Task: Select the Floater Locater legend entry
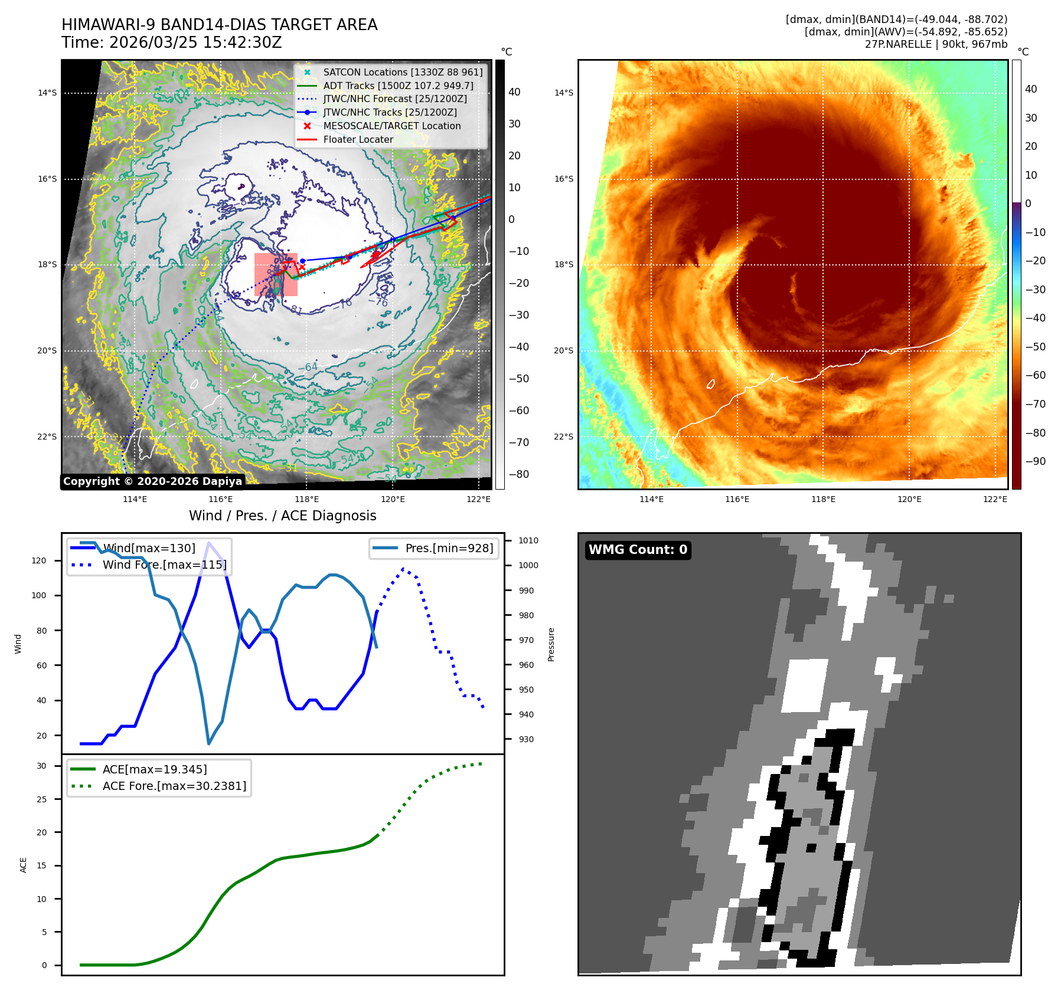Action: (358, 140)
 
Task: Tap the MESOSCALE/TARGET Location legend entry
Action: (391, 126)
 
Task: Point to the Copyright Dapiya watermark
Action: (152, 481)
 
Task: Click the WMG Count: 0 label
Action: (638, 550)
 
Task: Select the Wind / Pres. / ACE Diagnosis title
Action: (282, 516)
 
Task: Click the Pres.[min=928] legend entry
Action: (449, 549)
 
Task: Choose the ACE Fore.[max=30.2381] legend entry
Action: (174, 786)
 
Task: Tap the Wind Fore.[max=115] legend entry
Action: (164, 565)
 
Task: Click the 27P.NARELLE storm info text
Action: (936, 44)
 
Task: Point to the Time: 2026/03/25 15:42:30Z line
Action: (172, 42)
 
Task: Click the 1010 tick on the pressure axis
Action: (528, 540)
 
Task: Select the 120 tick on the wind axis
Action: (39, 560)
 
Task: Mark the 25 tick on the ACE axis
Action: (41, 799)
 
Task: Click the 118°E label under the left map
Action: (308, 500)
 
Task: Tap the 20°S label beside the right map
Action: (563, 351)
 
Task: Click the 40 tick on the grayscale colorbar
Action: (514, 92)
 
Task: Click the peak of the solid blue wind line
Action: (208, 542)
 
